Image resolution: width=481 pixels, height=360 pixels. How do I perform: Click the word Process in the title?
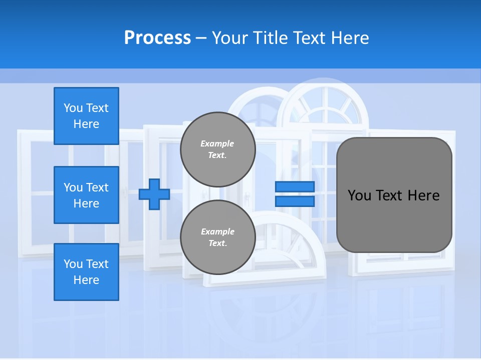coord(157,38)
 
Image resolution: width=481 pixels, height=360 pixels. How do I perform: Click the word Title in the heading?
coord(268,38)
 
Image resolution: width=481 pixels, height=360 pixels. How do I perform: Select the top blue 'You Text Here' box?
coord(86,116)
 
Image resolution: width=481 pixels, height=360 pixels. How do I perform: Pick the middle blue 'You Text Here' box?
coord(86,195)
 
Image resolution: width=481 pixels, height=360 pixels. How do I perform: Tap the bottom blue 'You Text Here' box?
coord(86,272)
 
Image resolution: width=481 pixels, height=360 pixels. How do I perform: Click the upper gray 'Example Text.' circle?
coord(217,149)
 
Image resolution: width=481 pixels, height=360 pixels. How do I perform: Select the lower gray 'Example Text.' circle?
coord(217,237)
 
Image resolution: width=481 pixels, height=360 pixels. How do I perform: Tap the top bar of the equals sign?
coord(295,187)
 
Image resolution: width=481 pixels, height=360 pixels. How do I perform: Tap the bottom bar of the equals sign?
coord(295,201)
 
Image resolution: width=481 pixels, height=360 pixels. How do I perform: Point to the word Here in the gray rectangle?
coord(423,195)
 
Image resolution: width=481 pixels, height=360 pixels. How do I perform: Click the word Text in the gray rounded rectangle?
coord(390,195)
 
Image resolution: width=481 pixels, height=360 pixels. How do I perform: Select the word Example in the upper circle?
coord(217,143)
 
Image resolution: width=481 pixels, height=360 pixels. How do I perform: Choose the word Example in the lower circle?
coord(217,231)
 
